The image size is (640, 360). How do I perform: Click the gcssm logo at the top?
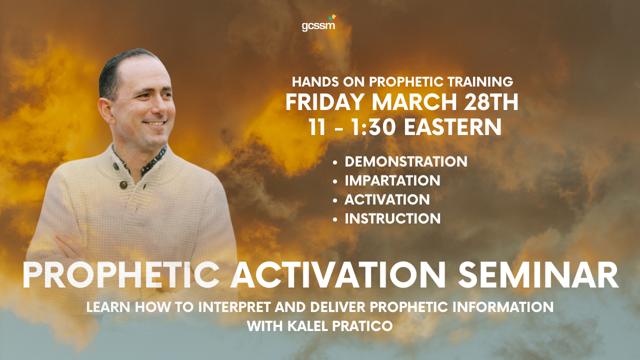pyautogui.click(x=319, y=23)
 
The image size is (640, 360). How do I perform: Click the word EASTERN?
pyautogui.click(x=453, y=127)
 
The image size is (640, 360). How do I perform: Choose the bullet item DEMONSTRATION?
pyautogui.click(x=406, y=161)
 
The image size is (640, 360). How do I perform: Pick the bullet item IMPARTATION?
pyautogui.click(x=392, y=180)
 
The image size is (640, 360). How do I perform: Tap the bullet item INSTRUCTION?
pyautogui.click(x=392, y=218)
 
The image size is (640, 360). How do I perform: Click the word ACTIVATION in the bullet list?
pyautogui.click(x=387, y=199)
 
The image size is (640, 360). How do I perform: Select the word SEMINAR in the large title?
pyautogui.click(x=538, y=275)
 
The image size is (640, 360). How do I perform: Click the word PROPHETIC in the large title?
pyautogui.click(x=121, y=275)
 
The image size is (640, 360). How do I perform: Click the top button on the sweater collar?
pyautogui.click(x=115, y=166)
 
